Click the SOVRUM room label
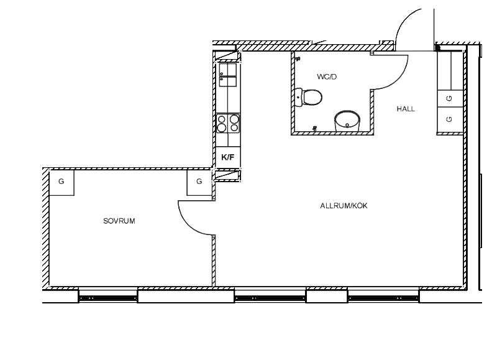tap(119, 221)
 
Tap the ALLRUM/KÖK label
tap(344, 206)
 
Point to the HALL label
tap(406, 109)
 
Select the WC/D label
tap(327, 76)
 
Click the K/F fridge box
tap(228, 157)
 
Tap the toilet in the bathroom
tap(309, 98)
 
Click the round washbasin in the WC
tap(347, 121)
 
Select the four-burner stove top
tap(228, 123)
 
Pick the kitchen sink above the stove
tap(228, 75)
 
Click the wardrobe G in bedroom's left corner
tap(61, 183)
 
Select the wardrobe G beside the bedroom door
tap(199, 183)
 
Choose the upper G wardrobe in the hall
tap(450, 99)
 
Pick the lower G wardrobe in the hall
tap(450, 119)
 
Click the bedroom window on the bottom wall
tap(108, 297)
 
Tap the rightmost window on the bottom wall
tap(383, 297)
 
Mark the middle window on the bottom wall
tap(270, 297)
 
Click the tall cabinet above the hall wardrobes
tap(450, 71)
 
